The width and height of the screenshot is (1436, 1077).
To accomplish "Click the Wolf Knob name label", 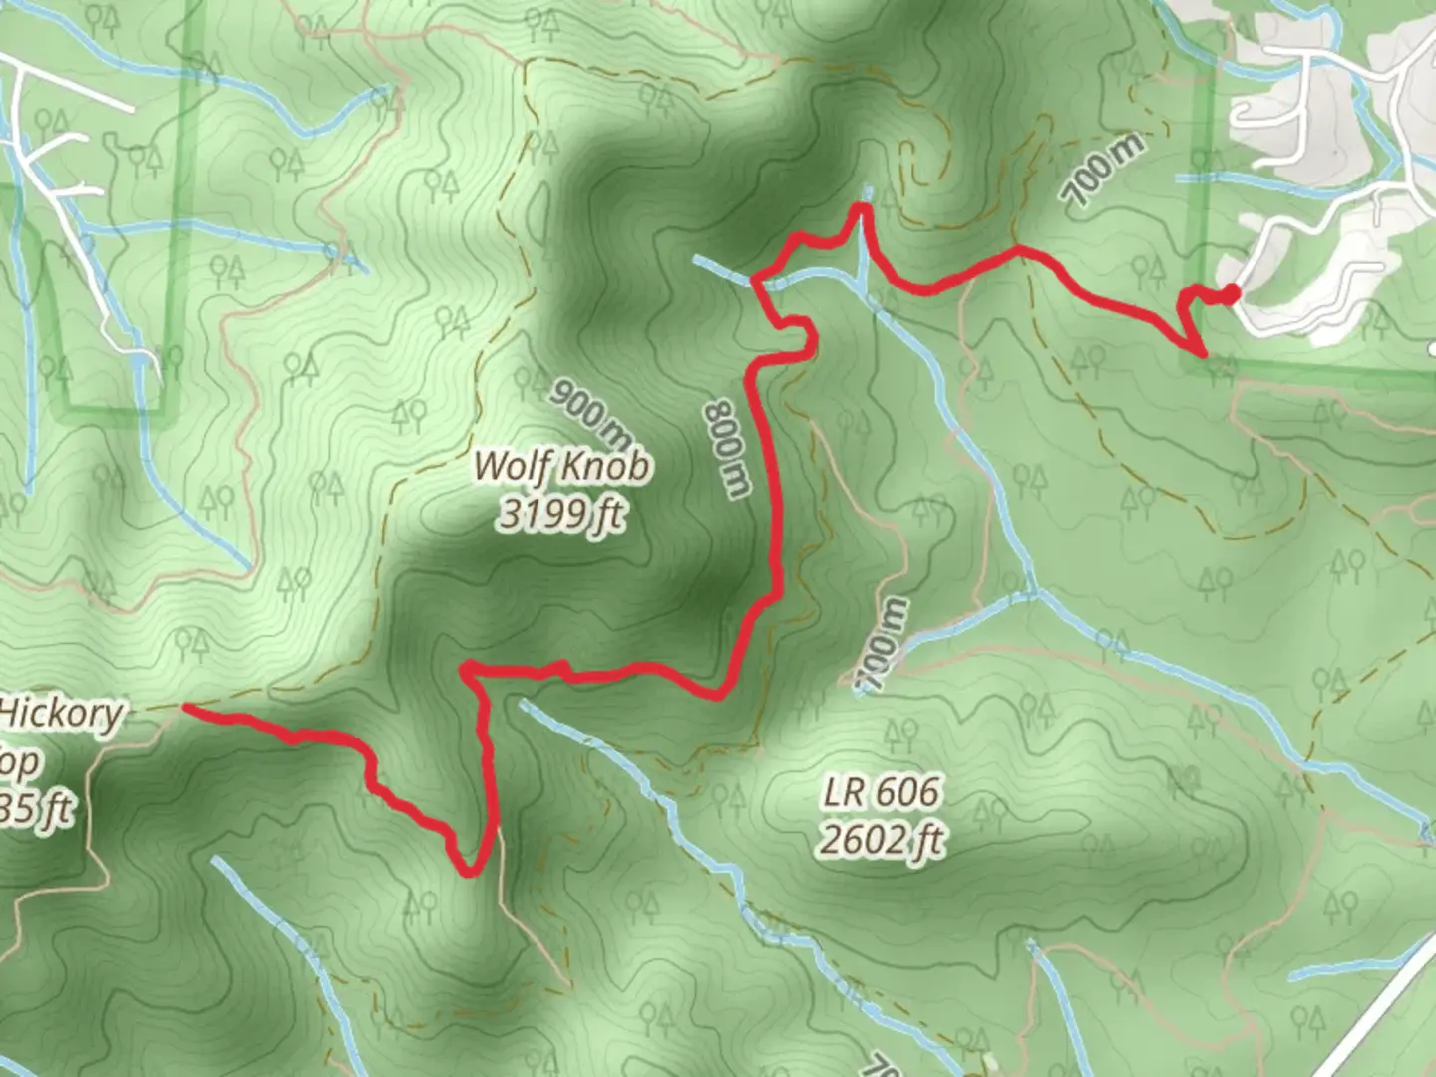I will [563, 466].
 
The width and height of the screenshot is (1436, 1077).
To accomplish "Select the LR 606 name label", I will [881, 793].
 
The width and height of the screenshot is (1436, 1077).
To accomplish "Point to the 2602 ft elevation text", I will [881, 840].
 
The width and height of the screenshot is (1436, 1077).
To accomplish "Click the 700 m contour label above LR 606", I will [883, 644].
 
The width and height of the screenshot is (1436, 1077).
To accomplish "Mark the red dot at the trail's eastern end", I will [1232, 292].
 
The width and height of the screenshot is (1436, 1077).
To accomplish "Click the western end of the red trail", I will [186, 709].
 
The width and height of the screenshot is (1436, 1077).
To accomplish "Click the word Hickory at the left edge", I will [62, 714].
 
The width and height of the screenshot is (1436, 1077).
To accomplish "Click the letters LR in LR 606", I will [842, 793].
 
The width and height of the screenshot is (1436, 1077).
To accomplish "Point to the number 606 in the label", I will [906, 793].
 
